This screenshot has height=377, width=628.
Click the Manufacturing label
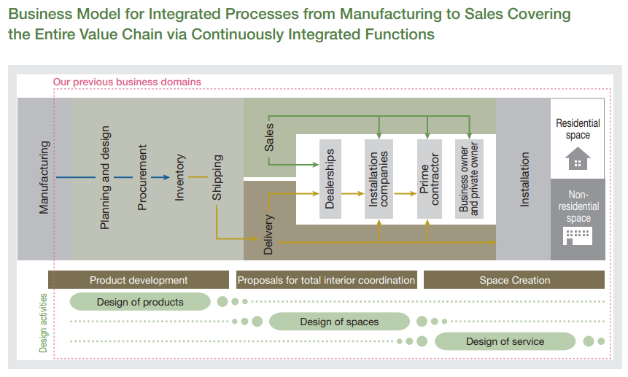44,177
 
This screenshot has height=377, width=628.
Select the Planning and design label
104,178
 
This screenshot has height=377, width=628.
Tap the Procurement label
142,177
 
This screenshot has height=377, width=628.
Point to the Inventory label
179,177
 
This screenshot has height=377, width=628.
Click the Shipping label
217,177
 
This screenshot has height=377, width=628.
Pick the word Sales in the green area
269,137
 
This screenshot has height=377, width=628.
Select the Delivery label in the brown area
268,235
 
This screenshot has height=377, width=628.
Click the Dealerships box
330,179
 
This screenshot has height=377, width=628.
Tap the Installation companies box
379,179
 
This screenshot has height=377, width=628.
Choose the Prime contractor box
430,179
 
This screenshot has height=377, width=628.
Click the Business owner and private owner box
469,179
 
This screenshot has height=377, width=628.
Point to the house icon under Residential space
578,158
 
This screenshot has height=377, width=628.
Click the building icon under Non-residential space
578,236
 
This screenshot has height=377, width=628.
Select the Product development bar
139,280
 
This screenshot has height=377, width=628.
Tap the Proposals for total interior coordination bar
327,280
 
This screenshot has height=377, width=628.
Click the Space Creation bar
514,280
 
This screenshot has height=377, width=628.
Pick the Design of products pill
140,302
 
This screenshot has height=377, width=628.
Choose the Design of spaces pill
339,322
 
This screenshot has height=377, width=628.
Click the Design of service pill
505,341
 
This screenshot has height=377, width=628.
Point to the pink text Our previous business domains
127,82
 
